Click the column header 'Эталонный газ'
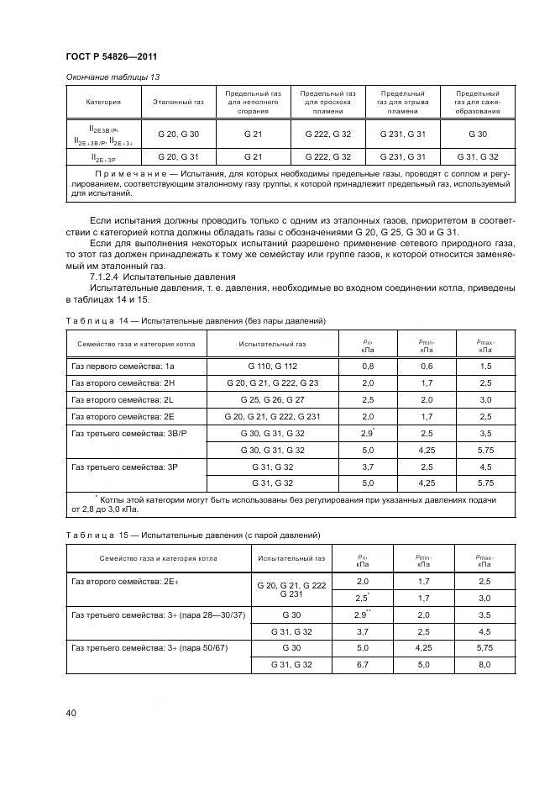178,102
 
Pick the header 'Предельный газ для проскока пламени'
327,102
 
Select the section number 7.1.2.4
107,277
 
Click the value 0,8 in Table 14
367,366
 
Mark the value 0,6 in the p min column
426,366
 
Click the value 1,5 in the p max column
485,366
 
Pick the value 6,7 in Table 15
363,665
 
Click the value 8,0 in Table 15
485,665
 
